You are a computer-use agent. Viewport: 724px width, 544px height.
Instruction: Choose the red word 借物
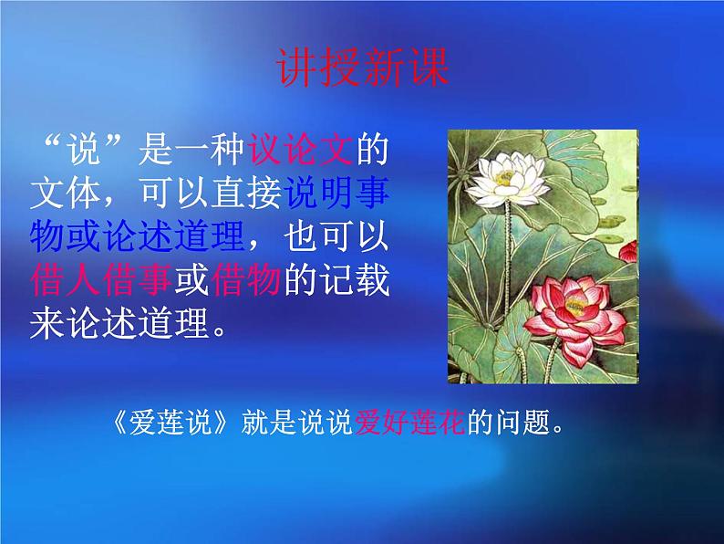pyautogui.click(x=245, y=281)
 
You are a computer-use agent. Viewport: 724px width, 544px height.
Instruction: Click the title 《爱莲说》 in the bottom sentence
pyautogui.click(x=191, y=424)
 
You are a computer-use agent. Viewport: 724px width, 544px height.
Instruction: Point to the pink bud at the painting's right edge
pyautogui.click(x=627, y=248)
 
